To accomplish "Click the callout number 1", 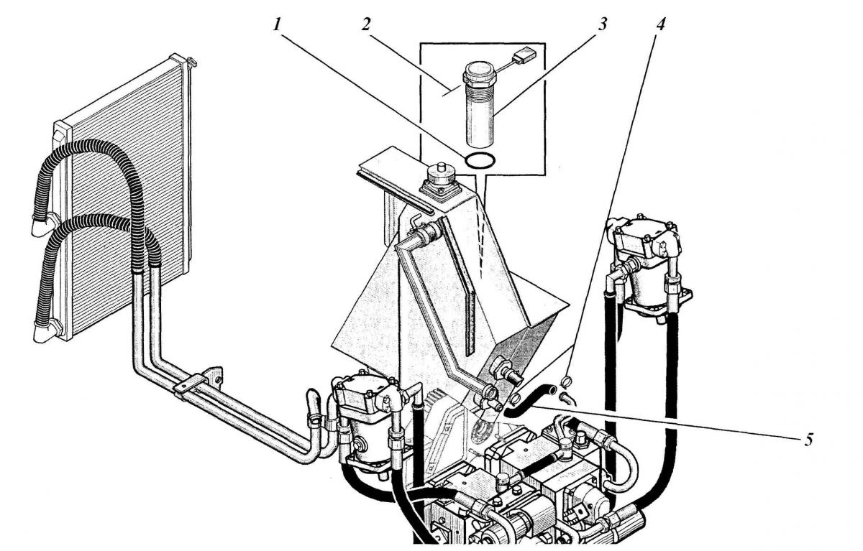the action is pos(277,25).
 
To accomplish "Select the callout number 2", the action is pos(365,24).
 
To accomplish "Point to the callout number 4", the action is pos(660,24).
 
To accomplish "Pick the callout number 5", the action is pos(808,440).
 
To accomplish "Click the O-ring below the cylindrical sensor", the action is pos(480,160).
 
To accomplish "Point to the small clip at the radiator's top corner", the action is pos(192,62).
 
